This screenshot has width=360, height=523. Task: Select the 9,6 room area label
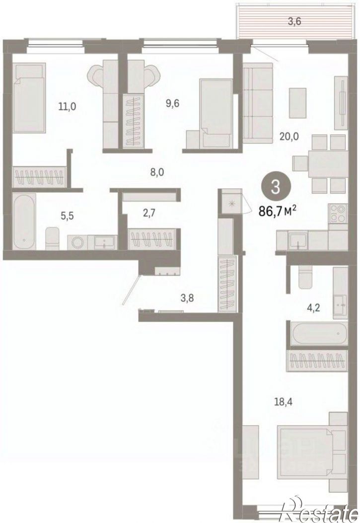tap(173, 103)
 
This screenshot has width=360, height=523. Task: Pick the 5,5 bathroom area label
tap(67, 216)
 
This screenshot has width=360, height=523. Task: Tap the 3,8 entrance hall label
tap(186, 297)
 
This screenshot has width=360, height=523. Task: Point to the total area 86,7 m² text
tap(278, 211)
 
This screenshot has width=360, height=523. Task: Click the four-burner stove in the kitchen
tap(338, 214)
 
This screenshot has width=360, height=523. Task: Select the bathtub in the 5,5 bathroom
tap(25, 221)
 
